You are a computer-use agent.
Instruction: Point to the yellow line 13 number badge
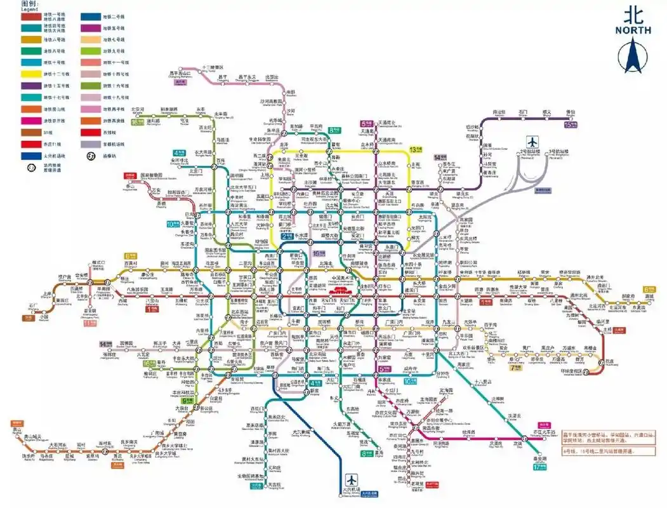[x=416, y=150]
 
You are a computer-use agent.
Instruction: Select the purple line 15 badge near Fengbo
[x=571, y=125]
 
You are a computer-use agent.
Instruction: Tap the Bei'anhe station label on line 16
[x=138, y=109]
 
